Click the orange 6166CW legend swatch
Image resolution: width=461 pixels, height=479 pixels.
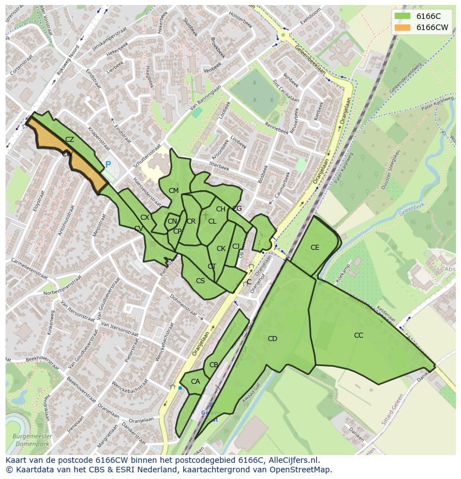tap(402, 27)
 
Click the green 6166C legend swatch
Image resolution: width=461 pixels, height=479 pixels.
tap(402, 16)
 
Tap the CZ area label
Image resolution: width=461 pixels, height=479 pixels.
tap(70, 140)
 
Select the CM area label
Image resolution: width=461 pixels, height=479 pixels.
tap(174, 191)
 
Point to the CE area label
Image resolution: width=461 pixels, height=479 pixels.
tap(315, 248)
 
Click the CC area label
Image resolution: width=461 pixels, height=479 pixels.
tap(359, 335)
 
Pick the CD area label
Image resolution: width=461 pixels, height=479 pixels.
tap(272, 339)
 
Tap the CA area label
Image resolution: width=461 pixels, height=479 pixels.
tap(195, 382)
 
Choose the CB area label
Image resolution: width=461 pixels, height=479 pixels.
tap(214, 365)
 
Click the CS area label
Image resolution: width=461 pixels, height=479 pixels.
tap(200, 281)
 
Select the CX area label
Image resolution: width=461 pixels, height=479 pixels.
tap(145, 218)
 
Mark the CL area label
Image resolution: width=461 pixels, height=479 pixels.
tap(212, 221)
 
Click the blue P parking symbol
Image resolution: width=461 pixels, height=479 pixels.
tap(108, 165)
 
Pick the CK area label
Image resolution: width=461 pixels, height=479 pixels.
tap(221, 249)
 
